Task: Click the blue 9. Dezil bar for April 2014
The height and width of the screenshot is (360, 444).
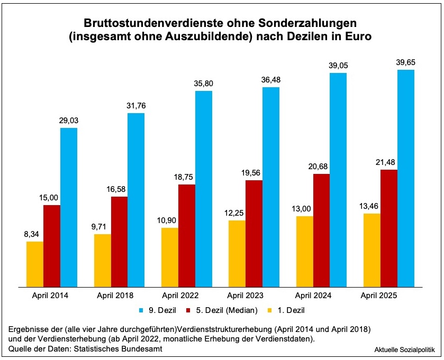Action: tap(69, 207)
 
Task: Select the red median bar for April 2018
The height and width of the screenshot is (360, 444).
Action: tap(119, 242)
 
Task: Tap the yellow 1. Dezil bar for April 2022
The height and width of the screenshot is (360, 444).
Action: tap(170, 257)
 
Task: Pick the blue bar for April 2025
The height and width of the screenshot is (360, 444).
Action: tap(406, 178)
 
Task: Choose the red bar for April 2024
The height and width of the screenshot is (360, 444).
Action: tap(321, 230)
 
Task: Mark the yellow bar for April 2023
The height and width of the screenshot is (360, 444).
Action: tap(237, 253)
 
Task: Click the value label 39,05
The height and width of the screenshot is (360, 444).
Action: tap(338, 65)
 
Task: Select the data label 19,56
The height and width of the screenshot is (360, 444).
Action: tap(254, 172)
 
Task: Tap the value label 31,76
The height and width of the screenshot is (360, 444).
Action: tap(136, 105)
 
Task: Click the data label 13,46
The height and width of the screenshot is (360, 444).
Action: tap(371, 206)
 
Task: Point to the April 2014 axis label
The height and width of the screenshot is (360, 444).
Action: tap(52, 295)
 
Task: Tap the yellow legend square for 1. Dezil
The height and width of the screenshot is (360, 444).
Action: tap(270, 310)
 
